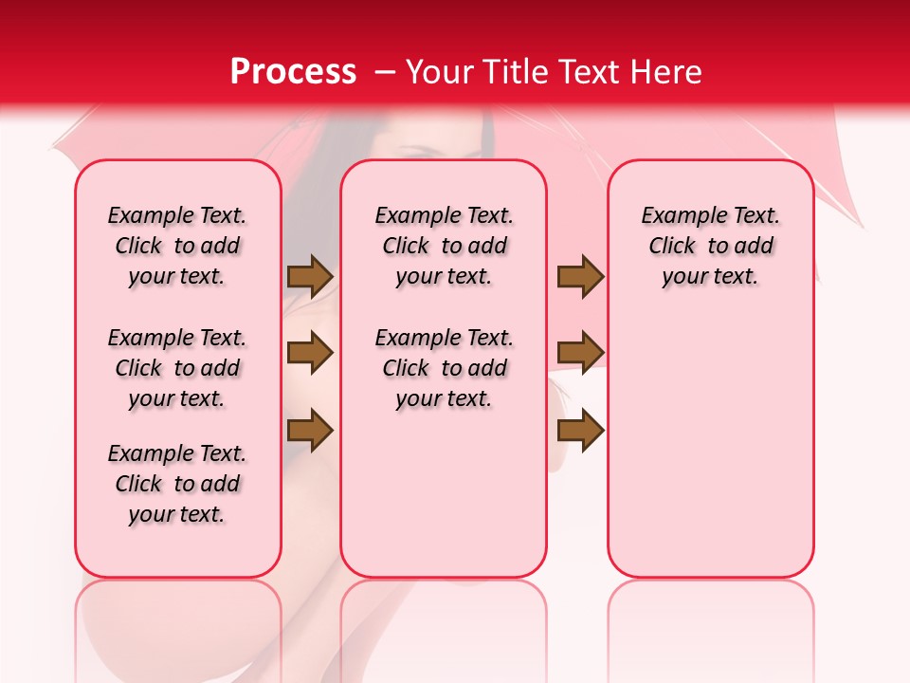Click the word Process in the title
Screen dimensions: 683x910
click(x=293, y=72)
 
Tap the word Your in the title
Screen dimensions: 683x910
click(x=443, y=72)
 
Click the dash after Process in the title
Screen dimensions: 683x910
click(x=385, y=73)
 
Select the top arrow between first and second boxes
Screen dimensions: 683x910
click(x=310, y=276)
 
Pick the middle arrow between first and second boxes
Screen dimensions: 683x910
click(x=310, y=353)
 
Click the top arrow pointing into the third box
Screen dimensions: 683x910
click(x=580, y=276)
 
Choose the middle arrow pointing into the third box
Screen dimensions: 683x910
click(x=580, y=353)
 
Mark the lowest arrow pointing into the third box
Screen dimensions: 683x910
click(x=580, y=430)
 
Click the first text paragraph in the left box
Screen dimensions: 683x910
click(x=177, y=246)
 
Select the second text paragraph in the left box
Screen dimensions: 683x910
click(x=177, y=368)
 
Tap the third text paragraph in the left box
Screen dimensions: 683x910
click(x=177, y=484)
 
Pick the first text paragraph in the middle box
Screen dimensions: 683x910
click(x=444, y=246)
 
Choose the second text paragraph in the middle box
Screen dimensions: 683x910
click(x=444, y=368)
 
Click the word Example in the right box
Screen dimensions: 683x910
click(x=679, y=216)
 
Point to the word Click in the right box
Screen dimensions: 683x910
click(x=672, y=247)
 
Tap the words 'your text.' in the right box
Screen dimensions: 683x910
click(x=710, y=277)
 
